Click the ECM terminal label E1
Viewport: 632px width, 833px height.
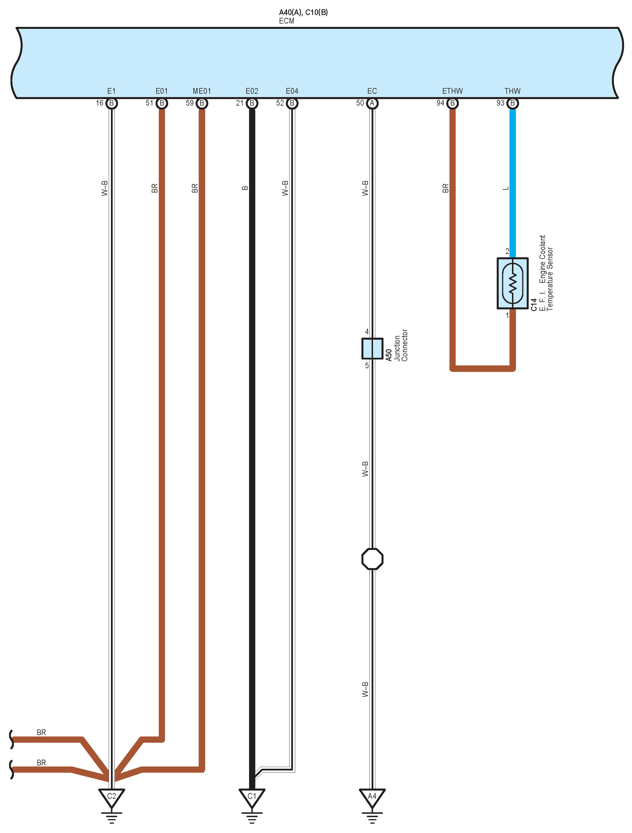tap(111, 91)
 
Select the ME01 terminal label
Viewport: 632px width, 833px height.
tap(202, 91)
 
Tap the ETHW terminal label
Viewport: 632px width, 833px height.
tap(452, 91)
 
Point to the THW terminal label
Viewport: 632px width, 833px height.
tap(512, 91)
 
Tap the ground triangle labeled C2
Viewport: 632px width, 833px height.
tap(112, 797)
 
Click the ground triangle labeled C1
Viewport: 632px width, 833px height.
tap(252, 797)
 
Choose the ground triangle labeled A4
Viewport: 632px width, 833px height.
tap(372, 797)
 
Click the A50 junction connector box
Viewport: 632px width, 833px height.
tap(372, 348)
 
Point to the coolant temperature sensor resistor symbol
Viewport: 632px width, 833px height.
tap(512, 283)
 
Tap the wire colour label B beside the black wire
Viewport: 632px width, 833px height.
tap(245, 188)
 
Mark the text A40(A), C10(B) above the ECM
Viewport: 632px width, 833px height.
tap(303, 12)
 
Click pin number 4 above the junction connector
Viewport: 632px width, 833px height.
tap(367, 332)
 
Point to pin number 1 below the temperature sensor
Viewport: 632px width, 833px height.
tap(507, 316)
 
